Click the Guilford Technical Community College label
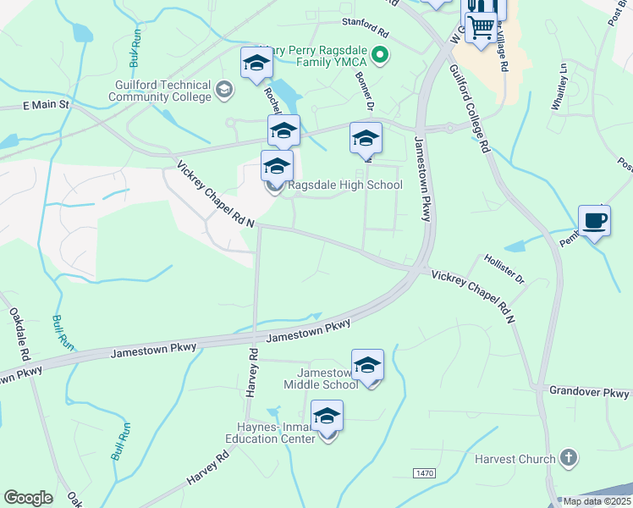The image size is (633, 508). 160,91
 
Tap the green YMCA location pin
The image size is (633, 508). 380,58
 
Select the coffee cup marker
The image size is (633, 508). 594,221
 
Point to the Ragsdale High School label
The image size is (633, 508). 345,185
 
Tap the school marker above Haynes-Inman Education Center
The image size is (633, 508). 327,417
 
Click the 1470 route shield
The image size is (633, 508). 424,471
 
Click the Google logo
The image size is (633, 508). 29,498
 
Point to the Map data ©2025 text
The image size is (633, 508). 597,501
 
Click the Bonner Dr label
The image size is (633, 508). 365,90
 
